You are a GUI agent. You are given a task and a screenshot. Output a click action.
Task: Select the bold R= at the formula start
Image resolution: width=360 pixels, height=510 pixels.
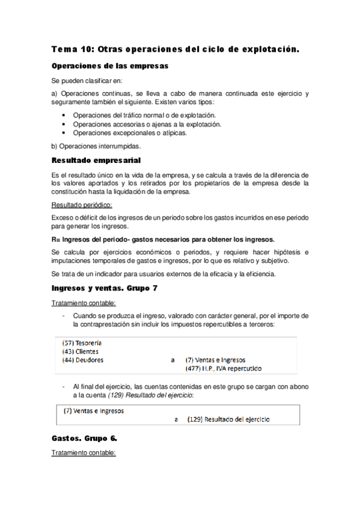(x=56, y=239)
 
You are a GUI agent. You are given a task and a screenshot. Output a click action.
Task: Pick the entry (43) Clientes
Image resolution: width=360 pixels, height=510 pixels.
(x=81, y=351)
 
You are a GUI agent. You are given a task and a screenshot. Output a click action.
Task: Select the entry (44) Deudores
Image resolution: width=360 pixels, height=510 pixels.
(x=83, y=360)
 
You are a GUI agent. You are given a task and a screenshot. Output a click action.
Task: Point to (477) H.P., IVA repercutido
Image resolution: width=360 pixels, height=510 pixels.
(x=224, y=369)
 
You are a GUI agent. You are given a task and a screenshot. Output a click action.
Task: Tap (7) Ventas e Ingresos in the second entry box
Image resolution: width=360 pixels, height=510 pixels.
(x=94, y=411)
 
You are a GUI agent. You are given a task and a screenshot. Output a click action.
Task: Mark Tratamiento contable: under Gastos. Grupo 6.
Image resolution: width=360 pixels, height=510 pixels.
(x=84, y=452)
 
